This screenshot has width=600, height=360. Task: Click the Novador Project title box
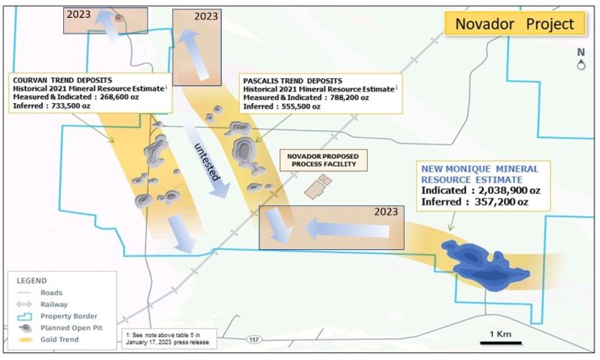point(513,24)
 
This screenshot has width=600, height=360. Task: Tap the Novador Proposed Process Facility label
point(323,159)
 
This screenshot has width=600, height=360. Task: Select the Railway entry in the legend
point(54,305)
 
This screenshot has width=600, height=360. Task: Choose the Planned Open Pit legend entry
point(73,328)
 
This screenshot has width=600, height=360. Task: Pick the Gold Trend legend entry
point(61,340)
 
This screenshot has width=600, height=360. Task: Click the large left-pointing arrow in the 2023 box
point(347,229)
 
